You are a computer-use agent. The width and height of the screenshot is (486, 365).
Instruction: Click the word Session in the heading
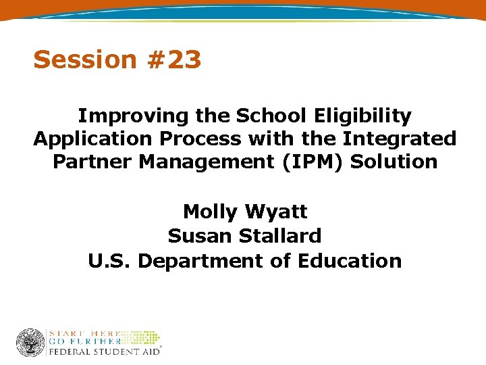click(76, 60)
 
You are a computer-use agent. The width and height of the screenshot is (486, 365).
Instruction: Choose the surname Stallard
click(277, 236)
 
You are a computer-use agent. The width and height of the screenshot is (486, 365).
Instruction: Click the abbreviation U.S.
click(109, 260)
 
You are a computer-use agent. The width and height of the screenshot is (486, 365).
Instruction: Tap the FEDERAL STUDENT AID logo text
click(103, 352)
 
